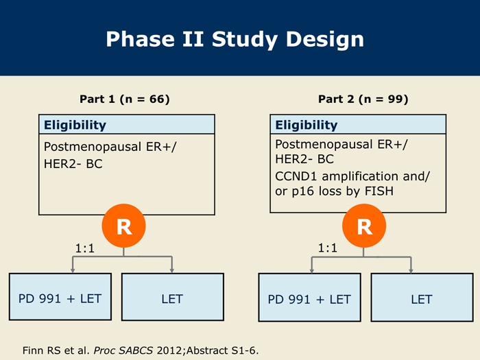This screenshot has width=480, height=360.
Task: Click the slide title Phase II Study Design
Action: coord(235,40)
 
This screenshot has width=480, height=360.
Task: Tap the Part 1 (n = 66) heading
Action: coord(125,99)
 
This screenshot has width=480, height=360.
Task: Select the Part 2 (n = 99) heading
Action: coord(363,99)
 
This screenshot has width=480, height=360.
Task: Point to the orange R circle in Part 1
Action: coord(123,226)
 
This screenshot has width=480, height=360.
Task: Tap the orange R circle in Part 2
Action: coord(364,226)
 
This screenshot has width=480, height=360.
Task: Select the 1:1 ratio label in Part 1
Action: coord(85,248)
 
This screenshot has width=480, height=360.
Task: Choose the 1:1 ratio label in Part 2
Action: coord(328,248)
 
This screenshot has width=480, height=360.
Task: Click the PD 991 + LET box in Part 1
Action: coord(60,297)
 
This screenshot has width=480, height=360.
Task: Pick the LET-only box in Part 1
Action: coord(173,297)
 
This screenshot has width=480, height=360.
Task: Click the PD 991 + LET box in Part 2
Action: coord(309,298)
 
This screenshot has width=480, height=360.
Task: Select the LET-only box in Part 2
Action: coord(422,298)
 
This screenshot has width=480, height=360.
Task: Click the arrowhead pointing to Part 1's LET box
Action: coord(171,270)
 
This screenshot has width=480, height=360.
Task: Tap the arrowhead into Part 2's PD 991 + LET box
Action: coord(311,270)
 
